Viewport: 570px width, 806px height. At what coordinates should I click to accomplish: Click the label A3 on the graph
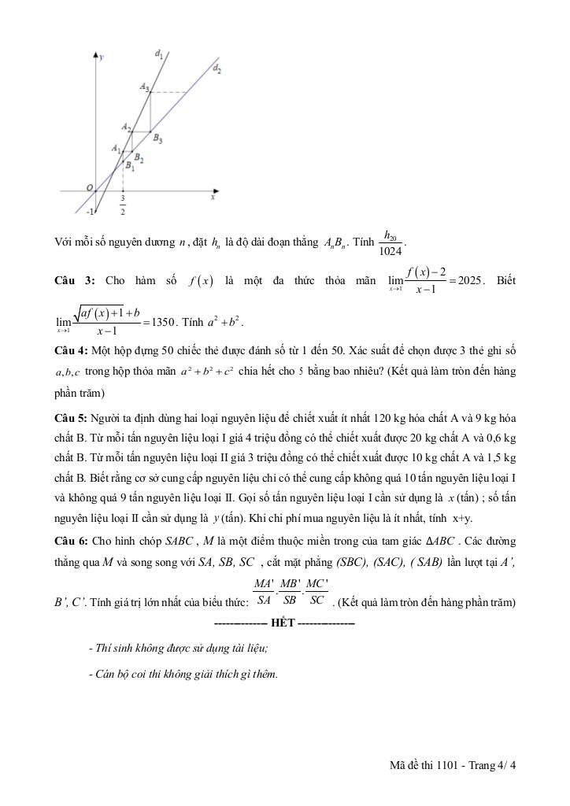[145, 87]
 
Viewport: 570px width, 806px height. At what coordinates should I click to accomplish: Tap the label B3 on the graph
[157, 139]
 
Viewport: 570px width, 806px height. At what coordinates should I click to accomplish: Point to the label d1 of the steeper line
[159, 54]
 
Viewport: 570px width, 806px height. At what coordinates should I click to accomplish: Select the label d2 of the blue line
[217, 69]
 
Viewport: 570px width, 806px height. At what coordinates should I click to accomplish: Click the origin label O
[91, 187]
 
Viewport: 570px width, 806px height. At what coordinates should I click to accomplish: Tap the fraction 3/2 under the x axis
[123, 205]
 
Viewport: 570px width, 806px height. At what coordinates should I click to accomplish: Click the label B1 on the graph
[130, 166]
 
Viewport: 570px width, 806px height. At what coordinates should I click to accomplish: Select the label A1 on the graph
[117, 148]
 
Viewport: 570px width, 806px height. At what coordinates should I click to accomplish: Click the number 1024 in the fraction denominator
[390, 252]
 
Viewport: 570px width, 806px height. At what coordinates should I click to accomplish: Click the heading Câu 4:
[69, 349]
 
